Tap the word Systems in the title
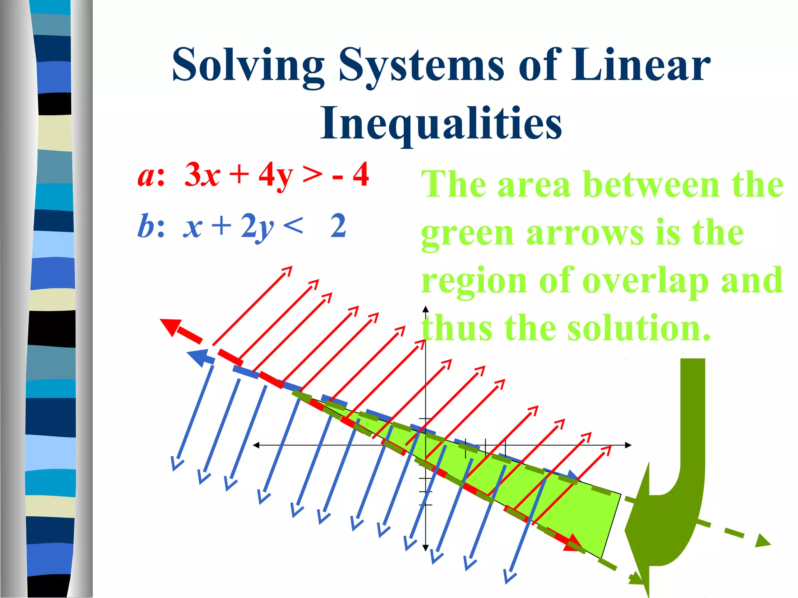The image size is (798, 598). pyautogui.click(x=421, y=65)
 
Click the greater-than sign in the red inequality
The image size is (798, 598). pyautogui.click(x=312, y=175)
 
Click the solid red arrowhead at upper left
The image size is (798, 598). pyautogui.click(x=171, y=326)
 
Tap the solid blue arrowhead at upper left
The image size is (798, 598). pyautogui.click(x=198, y=357)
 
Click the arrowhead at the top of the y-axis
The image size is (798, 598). pyautogui.click(x=425, y=310)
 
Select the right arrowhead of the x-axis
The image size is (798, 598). pyautogui.click(x=628, y=445)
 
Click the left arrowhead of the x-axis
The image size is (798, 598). pyautogui.click(x=256, y=445)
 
